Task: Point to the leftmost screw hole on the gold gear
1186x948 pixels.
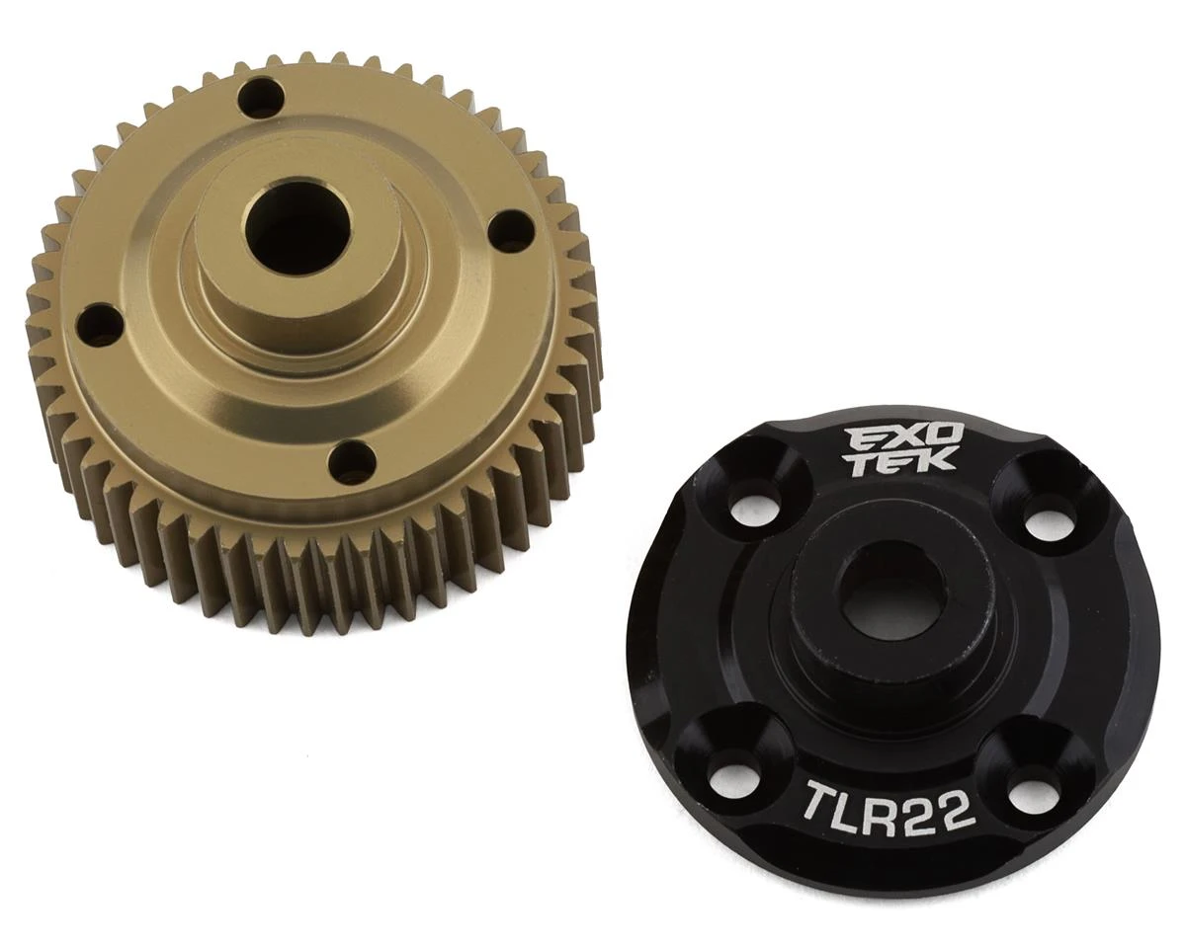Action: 97,325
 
